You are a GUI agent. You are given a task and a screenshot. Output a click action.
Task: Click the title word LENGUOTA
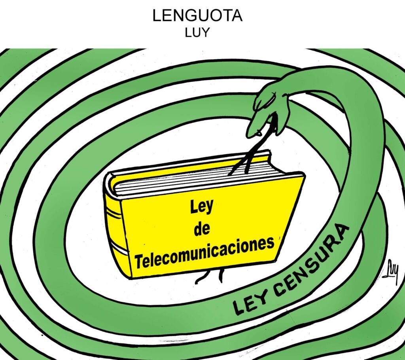197,16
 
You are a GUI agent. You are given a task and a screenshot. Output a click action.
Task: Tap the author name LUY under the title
197,32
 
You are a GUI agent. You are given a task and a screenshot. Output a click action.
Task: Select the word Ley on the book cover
202,207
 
